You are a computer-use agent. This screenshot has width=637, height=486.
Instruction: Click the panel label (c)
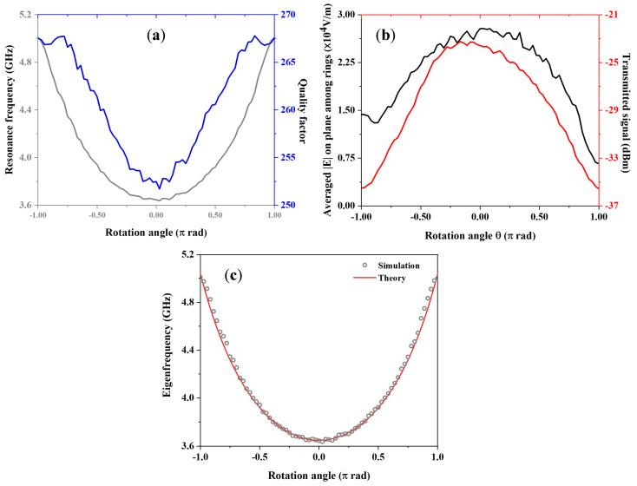click(233, 276)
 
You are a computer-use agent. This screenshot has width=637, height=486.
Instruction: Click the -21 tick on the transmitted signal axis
click(613, 15)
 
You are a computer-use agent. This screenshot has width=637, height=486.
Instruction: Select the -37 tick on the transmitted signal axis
click(613, 206)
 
